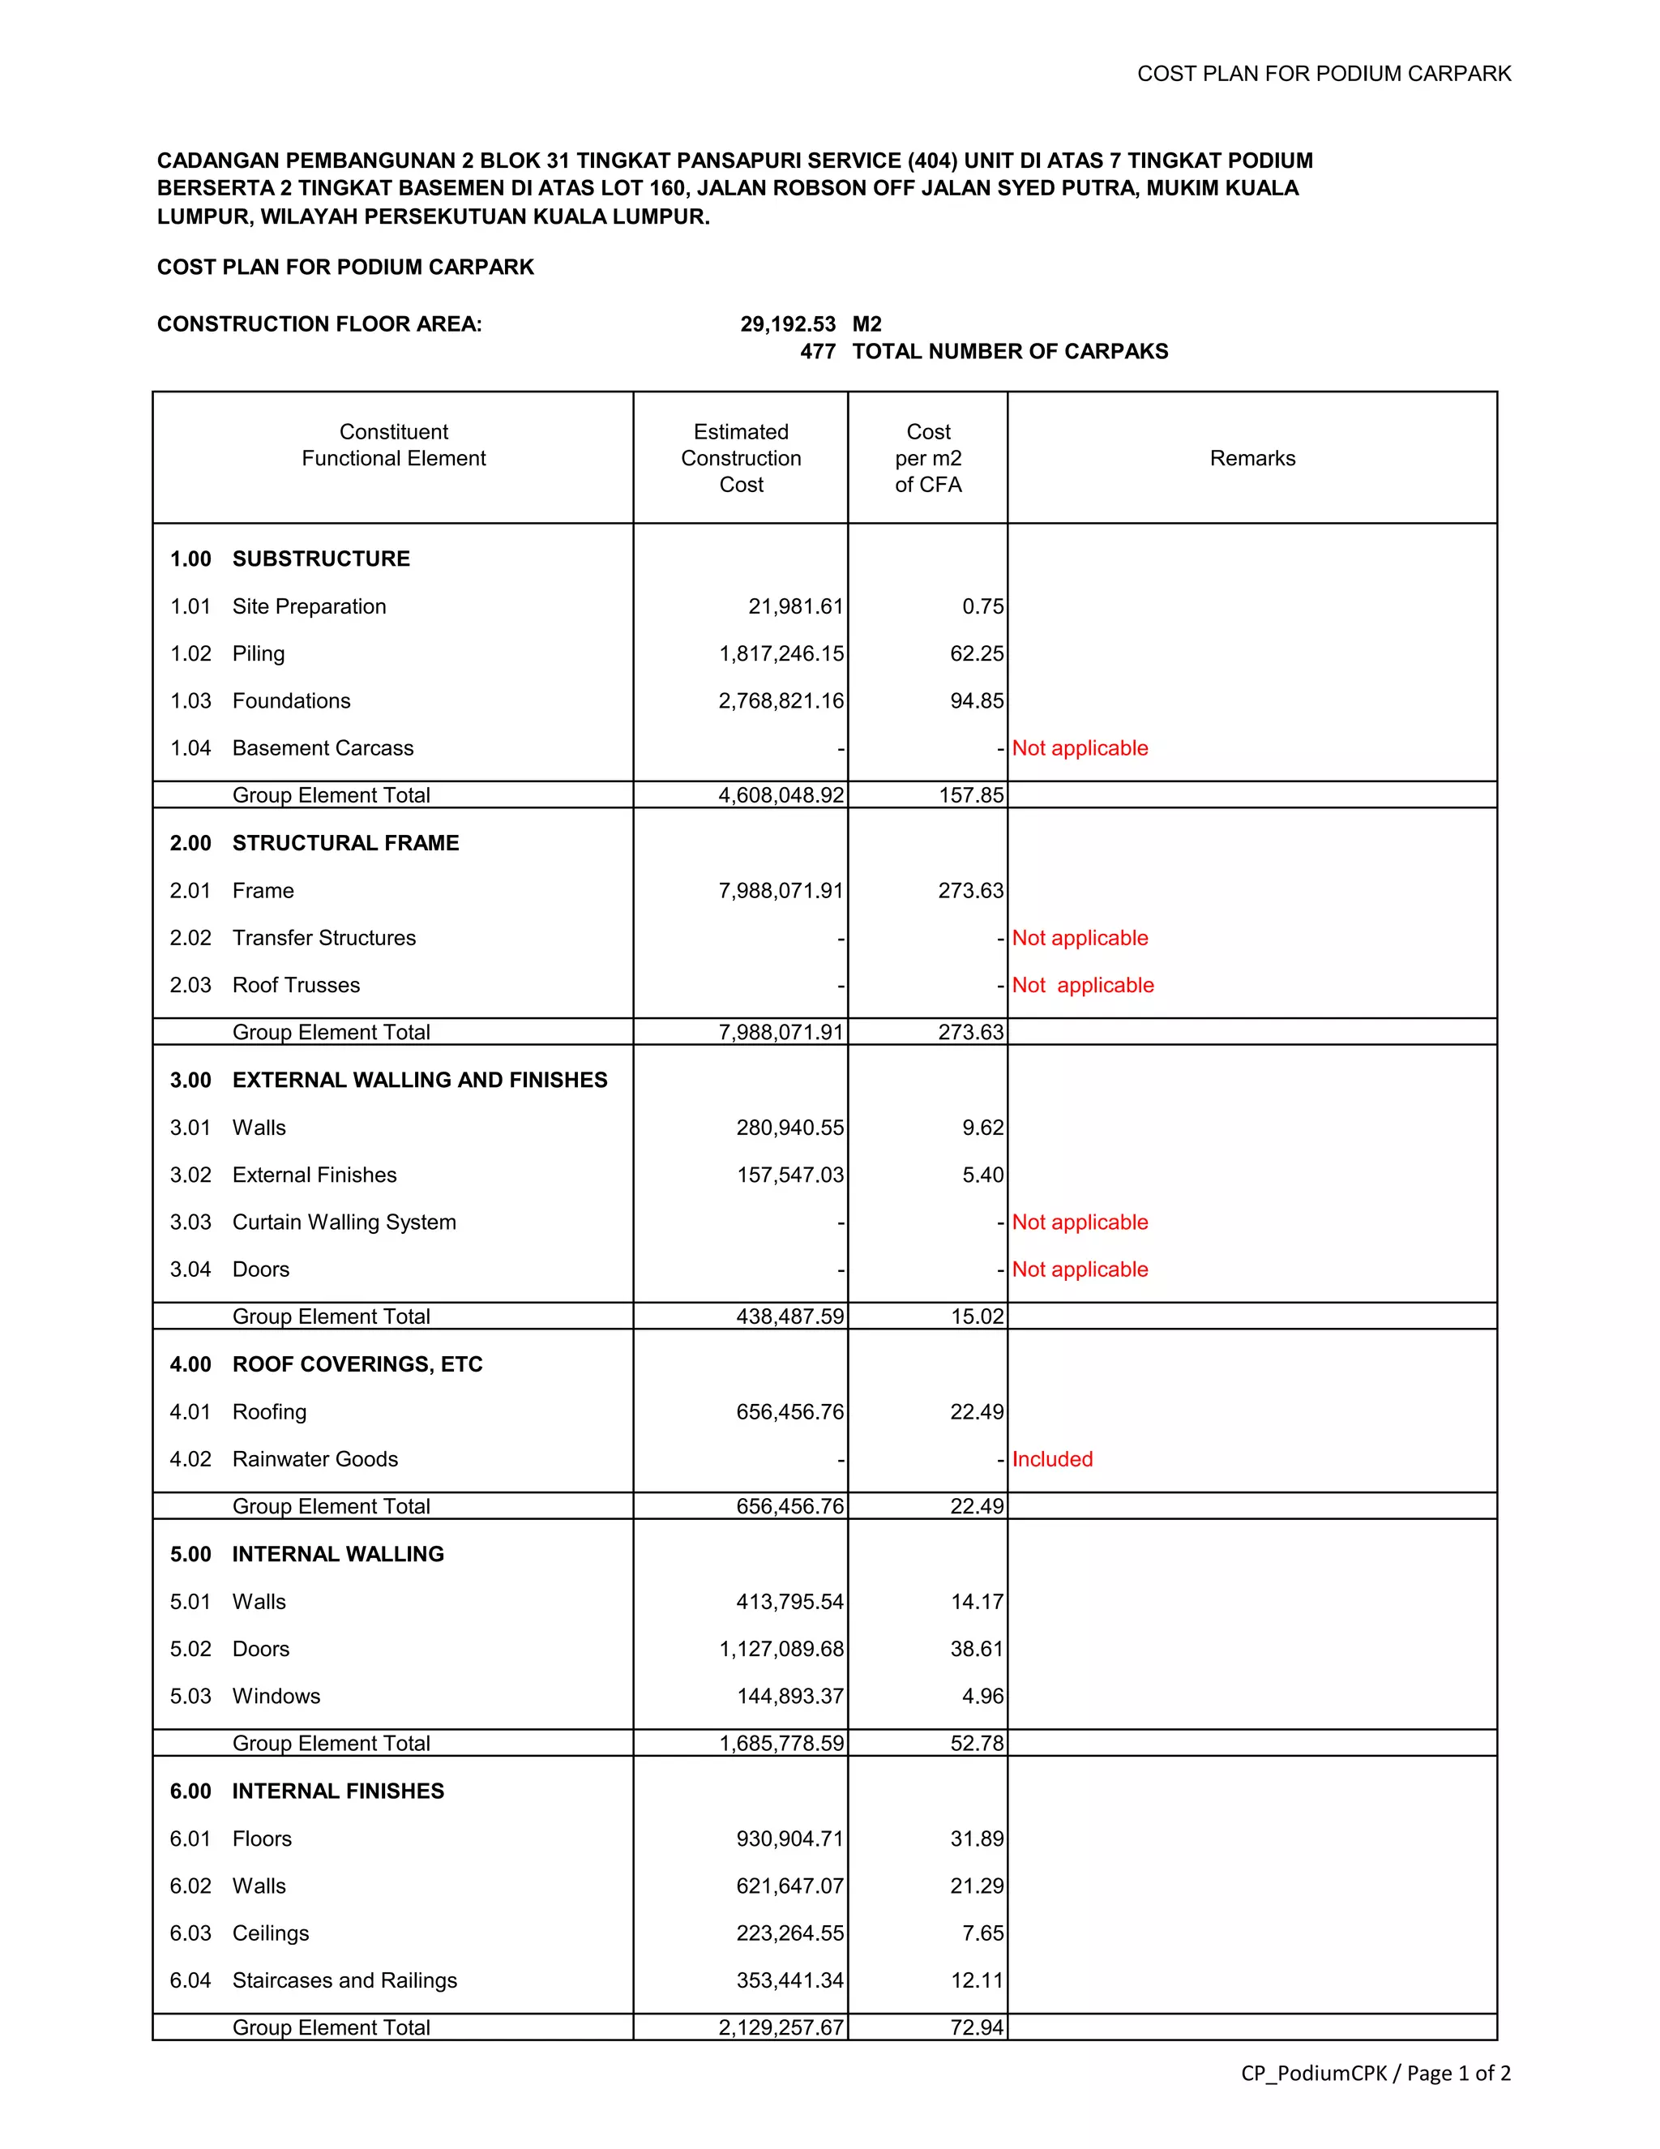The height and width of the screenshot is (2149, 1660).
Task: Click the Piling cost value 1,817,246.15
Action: [x=781, y=654]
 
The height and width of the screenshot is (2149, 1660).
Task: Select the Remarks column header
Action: [x=1251, y=459]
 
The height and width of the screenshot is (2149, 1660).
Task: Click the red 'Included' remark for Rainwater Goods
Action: [x=1052, y=1459]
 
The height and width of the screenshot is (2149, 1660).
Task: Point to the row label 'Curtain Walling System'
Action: [x=344, y=1222]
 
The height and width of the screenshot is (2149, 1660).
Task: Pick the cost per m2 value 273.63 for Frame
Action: [x=970, y=891]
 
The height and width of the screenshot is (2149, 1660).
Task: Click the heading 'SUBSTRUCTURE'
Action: [x=321, y=559]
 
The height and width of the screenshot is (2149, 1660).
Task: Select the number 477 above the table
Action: [x=817, y=351]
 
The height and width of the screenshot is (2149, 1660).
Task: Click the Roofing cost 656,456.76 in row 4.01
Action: [x=789, y=1412]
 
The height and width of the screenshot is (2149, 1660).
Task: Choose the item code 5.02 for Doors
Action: [x=190, y=1649]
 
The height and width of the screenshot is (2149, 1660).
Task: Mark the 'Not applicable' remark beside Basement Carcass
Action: [x=1080, y=748]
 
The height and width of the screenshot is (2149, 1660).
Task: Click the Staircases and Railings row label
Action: [x=344, y=1980]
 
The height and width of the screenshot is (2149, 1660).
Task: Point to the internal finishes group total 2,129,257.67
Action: [x=781, y=2027]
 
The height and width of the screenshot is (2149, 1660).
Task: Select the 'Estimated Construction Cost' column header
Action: [x=741, y=459]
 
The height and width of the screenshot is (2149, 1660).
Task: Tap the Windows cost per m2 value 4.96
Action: [x=982, y=1697]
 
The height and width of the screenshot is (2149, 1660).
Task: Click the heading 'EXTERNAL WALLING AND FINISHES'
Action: [x=419, y=1081]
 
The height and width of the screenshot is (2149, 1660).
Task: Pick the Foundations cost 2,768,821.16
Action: [x=781, y=701]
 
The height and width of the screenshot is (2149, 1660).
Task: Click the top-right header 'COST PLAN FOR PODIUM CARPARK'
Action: [x=1324, y=74]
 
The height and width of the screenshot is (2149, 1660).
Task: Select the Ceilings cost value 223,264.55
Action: [x=789, y=1933]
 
